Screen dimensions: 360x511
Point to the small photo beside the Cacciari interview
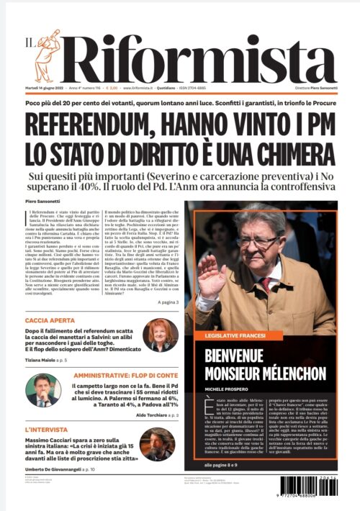click(157, 446)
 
